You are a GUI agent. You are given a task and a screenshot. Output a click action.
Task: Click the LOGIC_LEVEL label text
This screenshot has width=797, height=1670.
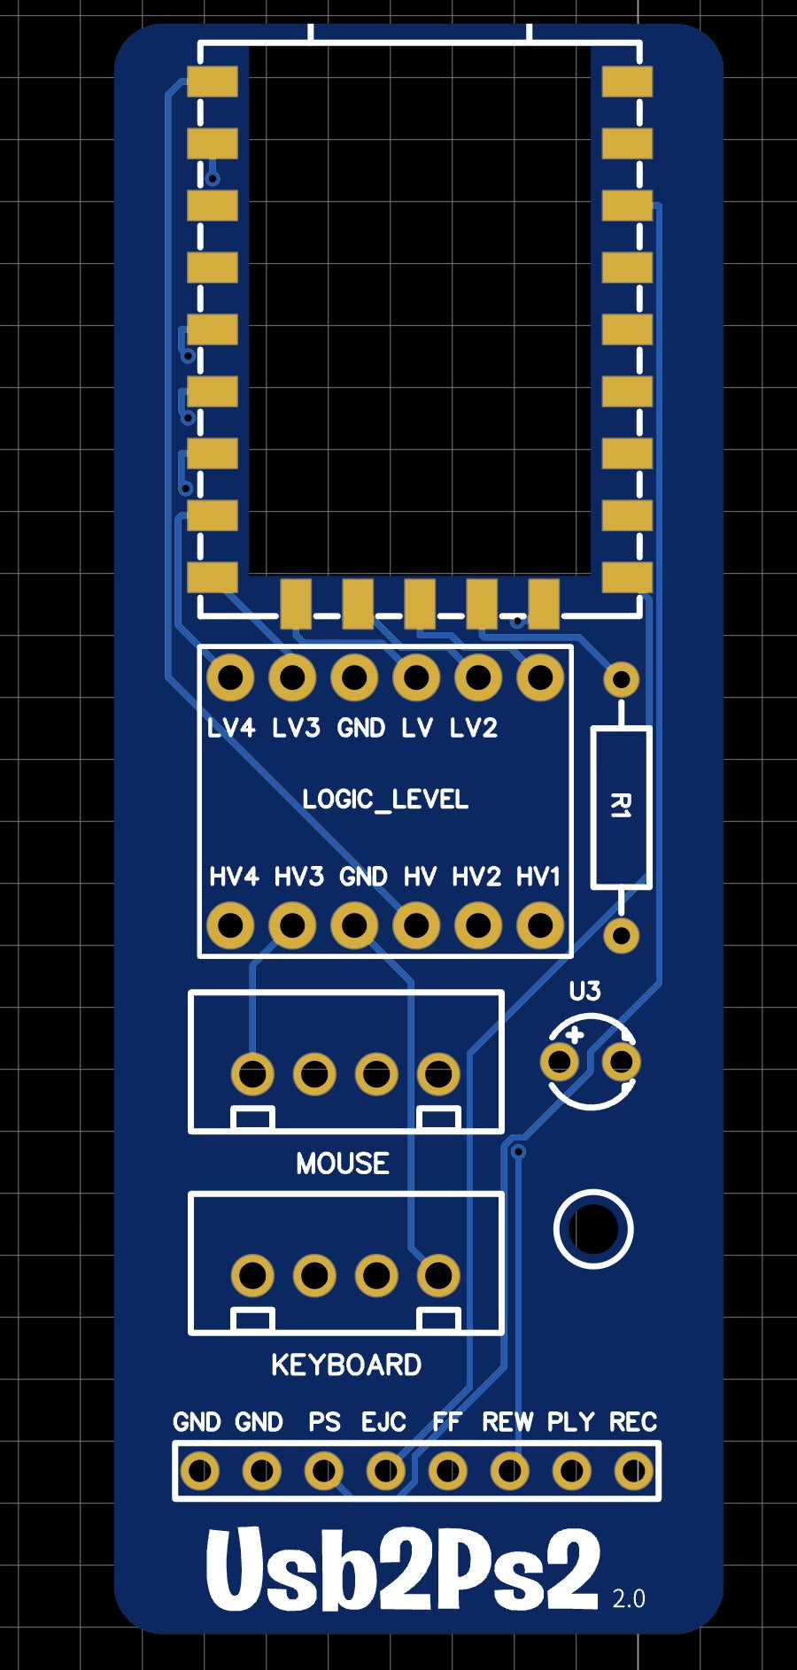385,800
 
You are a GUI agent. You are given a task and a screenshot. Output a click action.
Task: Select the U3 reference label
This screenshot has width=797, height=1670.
584,991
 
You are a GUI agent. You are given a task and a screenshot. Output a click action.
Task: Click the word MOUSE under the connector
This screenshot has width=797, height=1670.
343,1163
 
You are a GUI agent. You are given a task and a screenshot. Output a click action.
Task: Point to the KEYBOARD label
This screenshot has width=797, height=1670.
346,1365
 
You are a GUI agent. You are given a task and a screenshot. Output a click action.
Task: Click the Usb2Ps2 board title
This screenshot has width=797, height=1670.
403,1569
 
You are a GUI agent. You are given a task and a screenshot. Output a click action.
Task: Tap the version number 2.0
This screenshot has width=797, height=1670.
629,1598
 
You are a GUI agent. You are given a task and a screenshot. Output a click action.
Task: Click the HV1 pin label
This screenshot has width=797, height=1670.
538,877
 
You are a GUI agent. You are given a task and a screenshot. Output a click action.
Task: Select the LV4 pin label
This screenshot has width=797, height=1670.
230,728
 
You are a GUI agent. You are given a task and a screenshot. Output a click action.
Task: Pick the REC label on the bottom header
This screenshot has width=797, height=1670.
633,1422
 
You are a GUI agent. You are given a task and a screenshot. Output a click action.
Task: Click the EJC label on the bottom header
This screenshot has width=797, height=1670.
383,1422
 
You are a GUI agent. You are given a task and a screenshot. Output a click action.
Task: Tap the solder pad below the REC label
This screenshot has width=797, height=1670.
634,1472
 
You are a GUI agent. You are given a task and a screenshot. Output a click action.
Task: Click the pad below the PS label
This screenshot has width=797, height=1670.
324,1472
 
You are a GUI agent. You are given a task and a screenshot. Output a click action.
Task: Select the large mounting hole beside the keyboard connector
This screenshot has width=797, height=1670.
593,1229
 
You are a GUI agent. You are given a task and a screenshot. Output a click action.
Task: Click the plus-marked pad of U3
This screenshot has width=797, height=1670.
561,1061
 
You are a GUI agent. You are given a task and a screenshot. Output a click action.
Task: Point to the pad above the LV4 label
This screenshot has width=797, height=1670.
230,678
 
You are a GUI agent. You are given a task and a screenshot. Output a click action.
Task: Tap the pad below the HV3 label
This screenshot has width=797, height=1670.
292,926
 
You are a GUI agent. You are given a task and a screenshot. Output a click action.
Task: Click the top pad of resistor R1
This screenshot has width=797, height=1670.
622,680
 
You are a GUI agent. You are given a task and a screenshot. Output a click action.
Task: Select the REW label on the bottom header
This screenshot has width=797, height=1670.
507,1422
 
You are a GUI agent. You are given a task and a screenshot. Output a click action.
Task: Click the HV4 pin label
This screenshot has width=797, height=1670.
234,877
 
